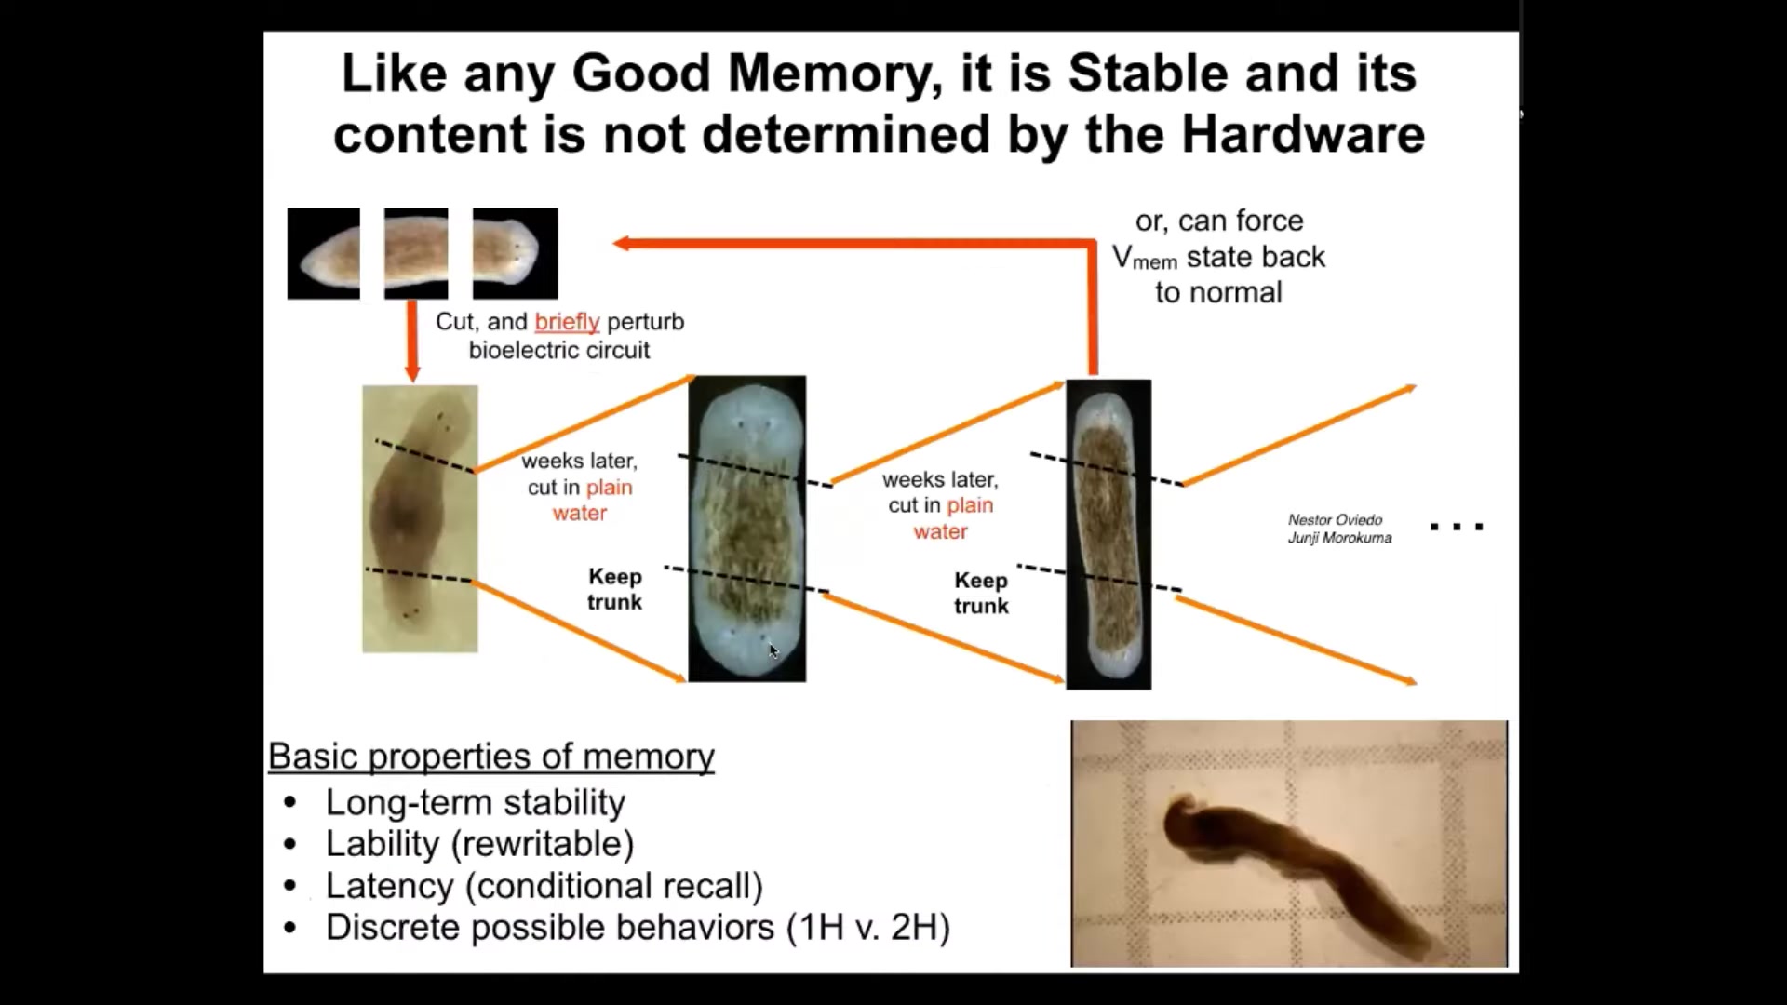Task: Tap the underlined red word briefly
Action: pyautogui.click(x=567, y=322)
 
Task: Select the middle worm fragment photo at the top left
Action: pyautogui.click(x=416, y=253)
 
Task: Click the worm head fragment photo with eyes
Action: pyautogui.click(x=516, y=253)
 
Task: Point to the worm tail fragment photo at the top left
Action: pyautogui.click(x=324, y=253)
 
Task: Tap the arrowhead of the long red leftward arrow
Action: pyautogui.click(x=622, y=244)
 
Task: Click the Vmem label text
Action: pyautogui.click(x=1145, y=258)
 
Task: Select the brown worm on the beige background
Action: pyautogui.click(x=420, y=518)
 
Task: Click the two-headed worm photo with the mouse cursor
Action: pyautogui.click(x=747, y=529)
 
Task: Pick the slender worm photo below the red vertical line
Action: pyautogui.click(x=1108, y=534)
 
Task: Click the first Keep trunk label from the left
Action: pyautogui.click(x=614, y=589)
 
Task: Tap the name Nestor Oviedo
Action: pyautogui.click(x=1335, y=520)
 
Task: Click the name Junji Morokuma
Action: pyautogui.click(x=1339, y=538)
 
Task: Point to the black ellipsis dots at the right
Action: pyautogui.click(x=1457, y=527)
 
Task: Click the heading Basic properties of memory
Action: pyautogui.click(x=491, y=757)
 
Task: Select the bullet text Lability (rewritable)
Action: pyautogui.click(x=479, y=844)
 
